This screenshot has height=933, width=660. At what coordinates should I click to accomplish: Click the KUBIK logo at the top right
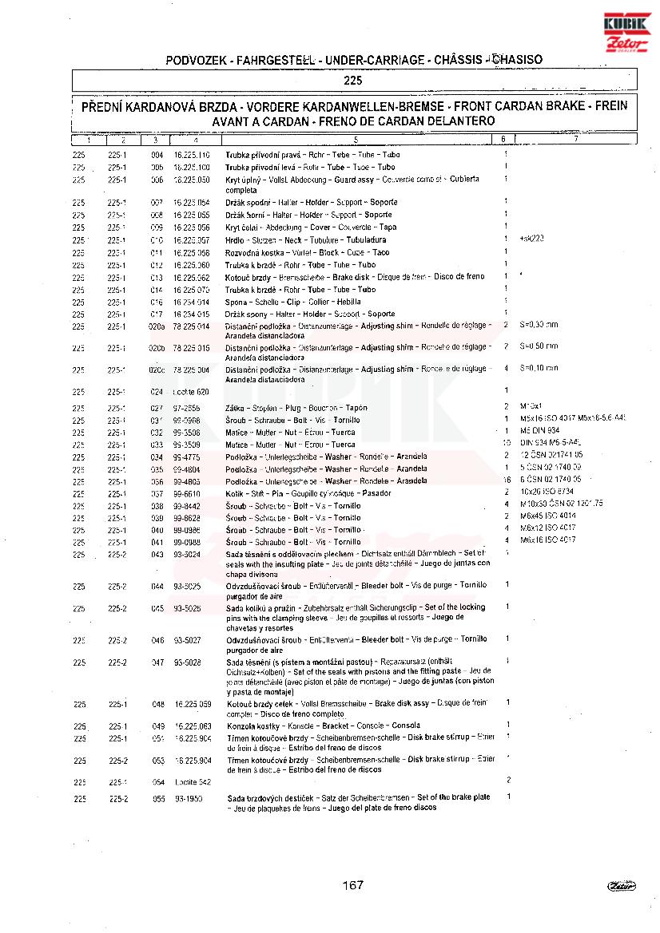(x=628, y=24)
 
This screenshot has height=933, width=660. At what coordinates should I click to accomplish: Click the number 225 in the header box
(x=353, y=80)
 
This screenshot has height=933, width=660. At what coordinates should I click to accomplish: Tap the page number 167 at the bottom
(x=352, y=884)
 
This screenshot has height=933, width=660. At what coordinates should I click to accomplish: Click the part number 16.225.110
(x=192, y=155)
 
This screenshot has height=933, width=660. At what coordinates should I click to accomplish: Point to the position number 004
(x=157, y=155)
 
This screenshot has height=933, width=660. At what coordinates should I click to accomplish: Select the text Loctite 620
(x=192, y=392)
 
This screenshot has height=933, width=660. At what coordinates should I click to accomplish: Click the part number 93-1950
(x=188, y=798)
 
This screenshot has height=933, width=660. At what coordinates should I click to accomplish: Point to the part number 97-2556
(x=187, y=408)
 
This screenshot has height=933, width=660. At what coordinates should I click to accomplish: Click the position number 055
(x=157, y=798)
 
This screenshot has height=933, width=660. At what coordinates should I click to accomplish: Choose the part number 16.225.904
(x=192, y=761)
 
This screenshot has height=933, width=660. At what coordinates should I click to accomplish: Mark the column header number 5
(x=355, y=140)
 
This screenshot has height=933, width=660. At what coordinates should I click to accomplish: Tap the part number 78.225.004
(x=192, y=370)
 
